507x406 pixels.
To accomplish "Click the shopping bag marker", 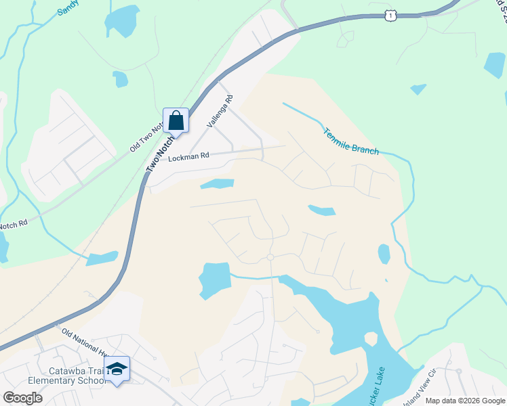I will click(176, 121).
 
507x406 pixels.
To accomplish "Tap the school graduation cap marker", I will click(117, 369).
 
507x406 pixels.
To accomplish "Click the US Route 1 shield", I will click(390, 15).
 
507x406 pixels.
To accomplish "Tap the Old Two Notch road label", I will click(146, 135).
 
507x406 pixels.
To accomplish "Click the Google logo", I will click(22, 397).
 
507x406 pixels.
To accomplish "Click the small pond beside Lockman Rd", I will click(217, 183).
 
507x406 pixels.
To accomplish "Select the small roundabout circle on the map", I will click(270, 257).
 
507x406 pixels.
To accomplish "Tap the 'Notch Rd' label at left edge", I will click(14, 223).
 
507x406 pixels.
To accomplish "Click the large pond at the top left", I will click(123, 20).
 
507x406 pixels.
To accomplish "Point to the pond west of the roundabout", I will click(215, 278).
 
